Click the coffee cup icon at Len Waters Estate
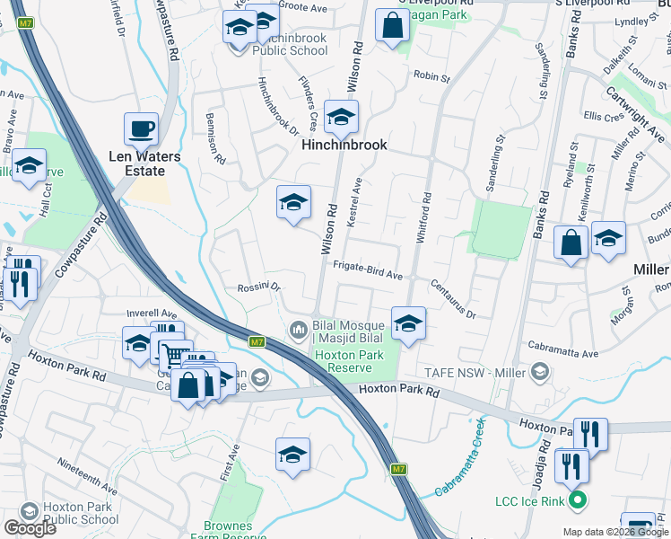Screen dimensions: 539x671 click(x=141, y=128)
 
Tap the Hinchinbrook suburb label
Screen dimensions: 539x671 click(x=344, y=144)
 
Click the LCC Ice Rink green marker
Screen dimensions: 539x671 click(x=578, y=500)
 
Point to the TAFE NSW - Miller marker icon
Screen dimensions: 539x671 click(x=539, y=370)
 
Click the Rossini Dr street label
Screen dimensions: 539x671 click(x=259, y=287)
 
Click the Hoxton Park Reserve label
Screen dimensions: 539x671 click(x=350, y=361)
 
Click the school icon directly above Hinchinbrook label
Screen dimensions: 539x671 click(x=341, y=116)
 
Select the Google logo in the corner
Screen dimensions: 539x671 click(x=30, y=528)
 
